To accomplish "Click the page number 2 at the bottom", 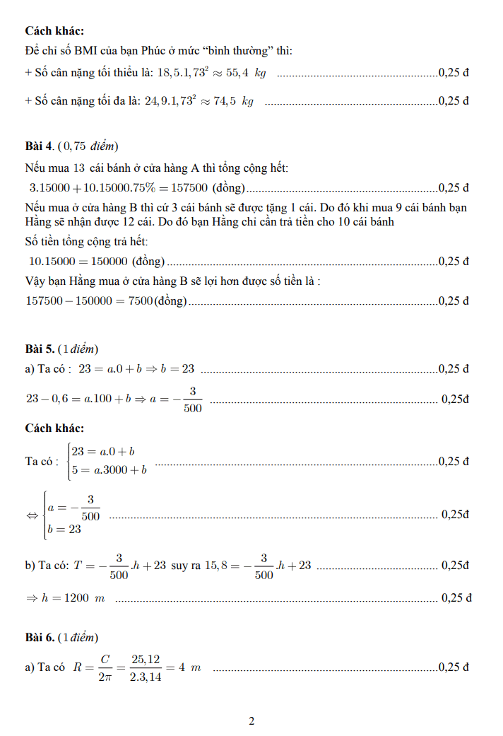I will (x=251, y=721).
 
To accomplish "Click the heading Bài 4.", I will (x=39, y=146).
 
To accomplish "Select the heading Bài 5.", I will (x=39, y=349).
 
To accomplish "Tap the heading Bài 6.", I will (x=39, y=638).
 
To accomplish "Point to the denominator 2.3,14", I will (x=147, y=677).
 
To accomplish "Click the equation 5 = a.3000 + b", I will (x=110, y=469).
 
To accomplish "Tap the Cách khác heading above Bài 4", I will (x=54, y=31).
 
